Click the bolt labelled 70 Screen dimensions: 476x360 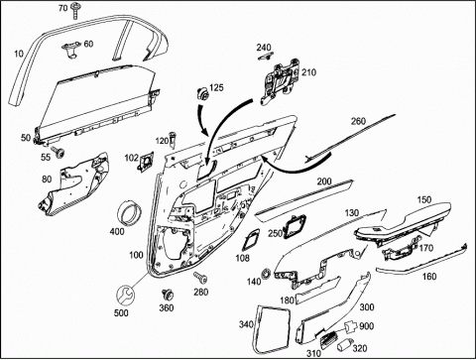point(75,11)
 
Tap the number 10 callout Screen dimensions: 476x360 point(19,54)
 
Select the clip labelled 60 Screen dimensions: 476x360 point(71,50)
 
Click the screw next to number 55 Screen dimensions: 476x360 point(60,153)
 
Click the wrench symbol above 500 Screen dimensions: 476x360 point(125,295)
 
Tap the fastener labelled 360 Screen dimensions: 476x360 point(168,295)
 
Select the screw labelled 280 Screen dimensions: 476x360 point(201,278)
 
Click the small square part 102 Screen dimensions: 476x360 point(146,161)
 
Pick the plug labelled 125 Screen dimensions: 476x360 point(201,94)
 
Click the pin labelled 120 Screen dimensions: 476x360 point(173,140)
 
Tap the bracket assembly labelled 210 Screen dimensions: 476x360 point(280,81)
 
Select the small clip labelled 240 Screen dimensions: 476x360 point(265,57)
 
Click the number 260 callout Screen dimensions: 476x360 point(358,121)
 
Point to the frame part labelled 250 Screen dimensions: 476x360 point(294,226)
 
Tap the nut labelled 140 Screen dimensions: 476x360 point(266,274)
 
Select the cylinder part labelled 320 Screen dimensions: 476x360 point(343,345)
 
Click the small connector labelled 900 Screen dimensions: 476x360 point(351,326)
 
